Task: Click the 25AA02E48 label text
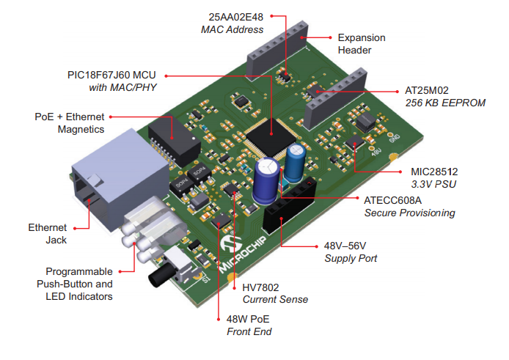click(235, 15)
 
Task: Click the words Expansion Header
click(361, 43)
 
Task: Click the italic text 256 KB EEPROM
click(445, 103)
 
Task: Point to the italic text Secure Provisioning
click(409, 213)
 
